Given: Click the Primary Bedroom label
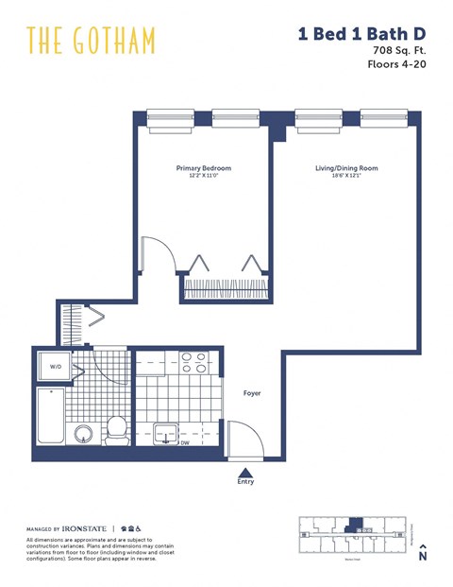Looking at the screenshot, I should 203,168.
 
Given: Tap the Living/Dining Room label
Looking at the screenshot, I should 346,168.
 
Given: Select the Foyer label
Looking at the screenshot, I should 252,392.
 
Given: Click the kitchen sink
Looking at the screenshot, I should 168,434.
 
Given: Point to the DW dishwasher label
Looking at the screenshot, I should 198,441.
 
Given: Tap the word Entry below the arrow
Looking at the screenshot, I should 245,483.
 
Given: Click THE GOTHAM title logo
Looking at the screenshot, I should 91,41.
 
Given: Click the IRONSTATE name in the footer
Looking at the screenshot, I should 89,528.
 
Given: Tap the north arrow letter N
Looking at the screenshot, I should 423,558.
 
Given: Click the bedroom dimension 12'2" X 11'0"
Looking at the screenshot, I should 203,176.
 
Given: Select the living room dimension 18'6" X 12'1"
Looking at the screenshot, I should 346,176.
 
